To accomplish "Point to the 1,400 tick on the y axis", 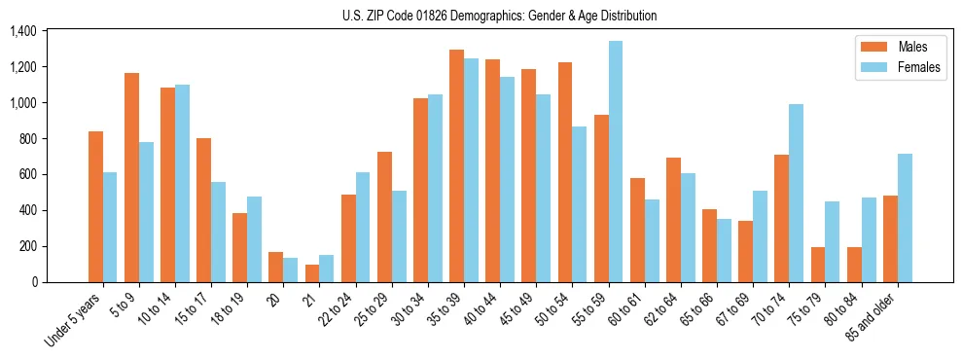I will [22, 31].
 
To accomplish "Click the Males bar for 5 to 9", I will [131, 177].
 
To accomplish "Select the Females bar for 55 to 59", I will [615, 162].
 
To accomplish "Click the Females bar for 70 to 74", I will [796, 193].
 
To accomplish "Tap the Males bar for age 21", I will [312, 273].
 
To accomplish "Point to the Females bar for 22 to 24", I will [363, 227].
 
